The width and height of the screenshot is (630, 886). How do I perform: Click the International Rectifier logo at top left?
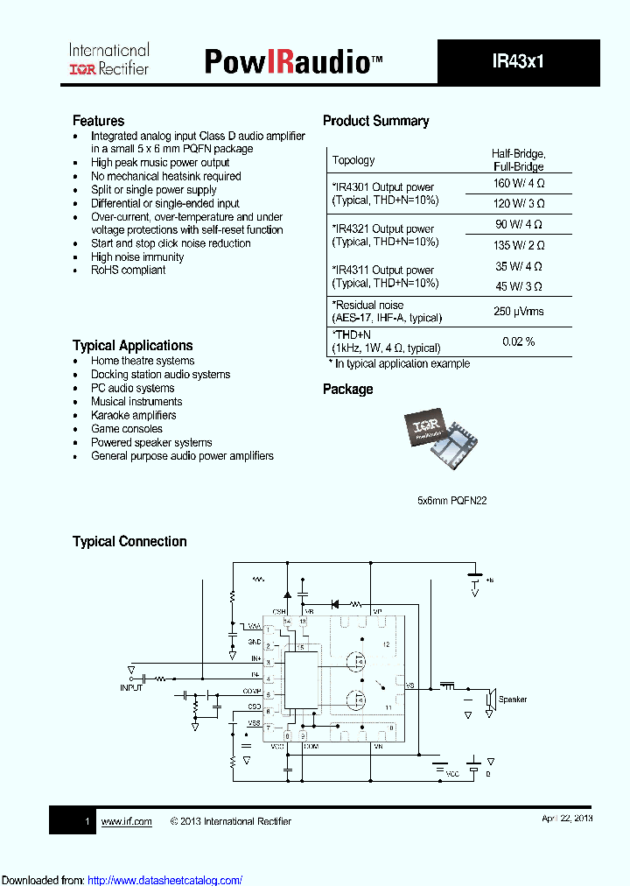coord(108,59)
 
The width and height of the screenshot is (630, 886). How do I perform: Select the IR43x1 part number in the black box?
coord(518,62)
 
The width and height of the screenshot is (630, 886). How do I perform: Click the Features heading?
coord(98,121)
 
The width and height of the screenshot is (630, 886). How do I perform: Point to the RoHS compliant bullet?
coord(128,271)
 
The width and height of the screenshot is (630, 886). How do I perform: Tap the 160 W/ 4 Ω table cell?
coord(518,184)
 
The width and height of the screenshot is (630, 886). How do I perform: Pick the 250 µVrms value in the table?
coord(518,312)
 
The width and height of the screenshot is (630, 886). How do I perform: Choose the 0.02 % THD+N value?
coord(518,341)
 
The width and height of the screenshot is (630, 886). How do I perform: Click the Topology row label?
coord(353,160)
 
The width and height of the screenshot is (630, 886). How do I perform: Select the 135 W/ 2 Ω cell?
coord(518,245)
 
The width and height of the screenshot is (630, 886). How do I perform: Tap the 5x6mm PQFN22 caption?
coord(452,501)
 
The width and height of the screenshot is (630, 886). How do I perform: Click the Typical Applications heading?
coord(132,346)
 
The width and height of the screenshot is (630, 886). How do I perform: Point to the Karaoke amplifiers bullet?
coord(133,415)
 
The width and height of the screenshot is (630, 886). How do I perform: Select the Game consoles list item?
coord(126,429)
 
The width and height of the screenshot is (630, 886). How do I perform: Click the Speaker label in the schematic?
coord(513,700)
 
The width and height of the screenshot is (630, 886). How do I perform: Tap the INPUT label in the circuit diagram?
coord(130,688)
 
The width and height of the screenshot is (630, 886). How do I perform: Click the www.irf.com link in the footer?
coord(126,821)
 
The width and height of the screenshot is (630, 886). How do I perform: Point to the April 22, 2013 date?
coord(567,818)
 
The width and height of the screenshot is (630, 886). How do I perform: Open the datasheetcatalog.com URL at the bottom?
coord(165,880)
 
